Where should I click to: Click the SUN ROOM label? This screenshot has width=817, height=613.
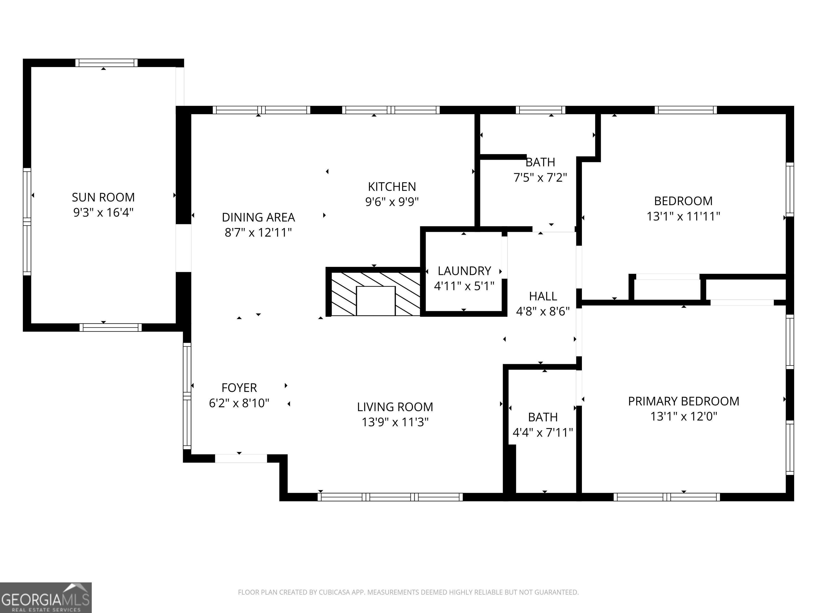click(103, 197)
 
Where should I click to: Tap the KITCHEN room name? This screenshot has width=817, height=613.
click(392, 187)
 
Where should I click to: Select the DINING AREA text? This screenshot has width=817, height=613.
click(258, 217)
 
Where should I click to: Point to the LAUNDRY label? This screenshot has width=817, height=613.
click(464, 271)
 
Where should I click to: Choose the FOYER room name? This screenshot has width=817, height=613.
click(239, 388)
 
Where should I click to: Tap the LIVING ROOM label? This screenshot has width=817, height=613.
click(395, 407)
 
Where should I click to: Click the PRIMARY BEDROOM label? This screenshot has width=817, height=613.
click(684, 401)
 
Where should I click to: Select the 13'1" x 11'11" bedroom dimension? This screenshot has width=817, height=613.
click(683, 216)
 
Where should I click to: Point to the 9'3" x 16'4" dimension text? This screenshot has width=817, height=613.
click(103, 213)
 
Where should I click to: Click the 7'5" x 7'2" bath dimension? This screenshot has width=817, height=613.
click(540, 178)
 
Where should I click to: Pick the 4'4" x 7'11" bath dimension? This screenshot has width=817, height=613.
click(543, 432)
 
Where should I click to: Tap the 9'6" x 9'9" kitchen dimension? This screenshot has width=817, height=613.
click(392, 202)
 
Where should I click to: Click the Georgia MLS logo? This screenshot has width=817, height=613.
click(46, 598)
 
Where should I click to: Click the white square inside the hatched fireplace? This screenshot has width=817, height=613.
click(376, 301)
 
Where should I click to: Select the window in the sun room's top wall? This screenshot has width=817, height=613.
click(106, 63)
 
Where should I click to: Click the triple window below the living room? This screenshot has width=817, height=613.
click(390, 497)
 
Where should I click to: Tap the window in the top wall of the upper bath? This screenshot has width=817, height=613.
click(540, 110)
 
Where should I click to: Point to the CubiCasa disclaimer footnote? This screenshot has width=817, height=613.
click(408, 592)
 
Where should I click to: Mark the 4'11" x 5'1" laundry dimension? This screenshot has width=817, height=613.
click(464, 286)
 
